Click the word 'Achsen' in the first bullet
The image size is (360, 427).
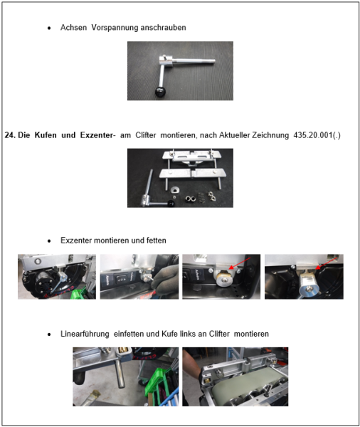[x=74, y=28]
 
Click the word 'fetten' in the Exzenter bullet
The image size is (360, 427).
[x=154, y=241]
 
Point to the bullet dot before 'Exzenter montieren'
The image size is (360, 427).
[x=49, y=241]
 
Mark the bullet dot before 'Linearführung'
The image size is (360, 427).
[x=49, y=334]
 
